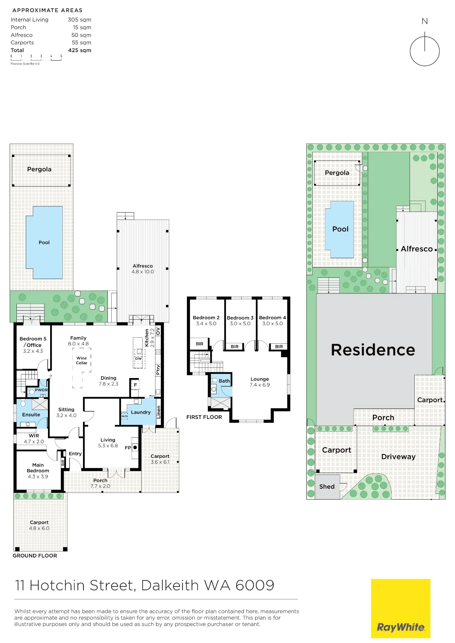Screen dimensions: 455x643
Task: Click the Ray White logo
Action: tap(401, 608)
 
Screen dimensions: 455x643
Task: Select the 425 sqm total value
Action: tap(79, 50)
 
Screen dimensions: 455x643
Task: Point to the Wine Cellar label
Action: tap(82, 360)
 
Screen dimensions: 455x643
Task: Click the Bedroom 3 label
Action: tap(240, 318)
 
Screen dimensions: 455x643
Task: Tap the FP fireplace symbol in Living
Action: tap(135, 448)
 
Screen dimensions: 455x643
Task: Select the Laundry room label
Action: tap(141, 412)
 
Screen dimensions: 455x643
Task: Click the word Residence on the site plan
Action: tap(373, 350)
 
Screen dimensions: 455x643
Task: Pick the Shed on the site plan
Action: tap(327, 487)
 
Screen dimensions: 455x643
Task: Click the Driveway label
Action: tap(398, 457)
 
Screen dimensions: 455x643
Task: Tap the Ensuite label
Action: tap(31, 415)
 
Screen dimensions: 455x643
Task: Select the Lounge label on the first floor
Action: tap(260, 379)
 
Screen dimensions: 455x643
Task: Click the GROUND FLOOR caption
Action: tap(35, 556)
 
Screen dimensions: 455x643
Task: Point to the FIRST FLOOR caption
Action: tap(204, 417)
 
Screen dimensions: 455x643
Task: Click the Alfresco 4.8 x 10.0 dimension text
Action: tap(143, 272)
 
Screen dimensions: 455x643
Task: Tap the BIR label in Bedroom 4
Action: tap(279, 347)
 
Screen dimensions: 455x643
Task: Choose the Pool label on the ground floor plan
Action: tap(44, 242)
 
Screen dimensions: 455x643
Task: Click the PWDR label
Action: tap(41, 390)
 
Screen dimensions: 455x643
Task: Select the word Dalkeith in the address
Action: tap(170, 585)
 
